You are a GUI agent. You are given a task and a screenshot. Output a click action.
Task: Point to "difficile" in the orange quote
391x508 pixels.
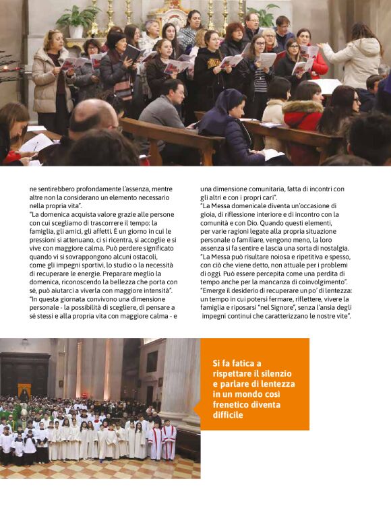[x=228, y=415]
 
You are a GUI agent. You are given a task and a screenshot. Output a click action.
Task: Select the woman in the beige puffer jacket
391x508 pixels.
[x=50, y=77]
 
